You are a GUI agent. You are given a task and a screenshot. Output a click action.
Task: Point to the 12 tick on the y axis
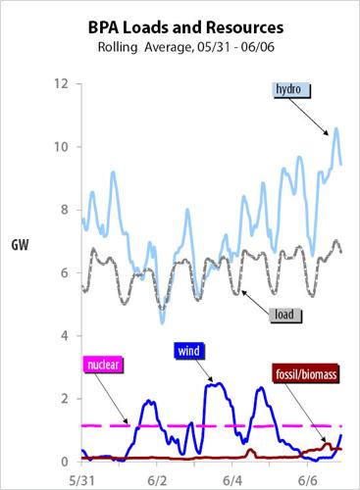pos(61,84)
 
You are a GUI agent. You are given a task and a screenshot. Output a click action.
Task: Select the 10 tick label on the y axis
pos(61,147)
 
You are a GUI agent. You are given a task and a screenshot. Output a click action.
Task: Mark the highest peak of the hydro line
pos(336,128)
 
